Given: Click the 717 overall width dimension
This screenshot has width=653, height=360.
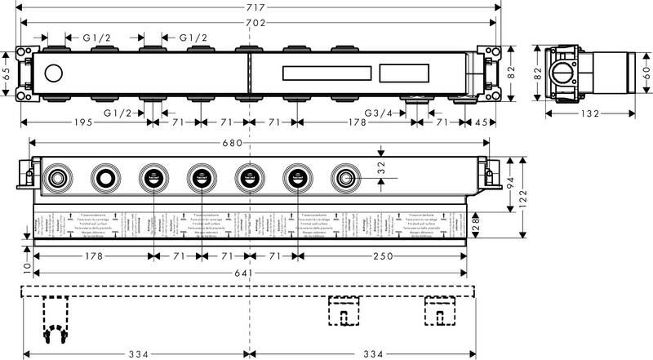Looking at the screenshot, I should [256, 8].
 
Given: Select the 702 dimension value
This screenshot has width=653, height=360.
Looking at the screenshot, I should [256, 24].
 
